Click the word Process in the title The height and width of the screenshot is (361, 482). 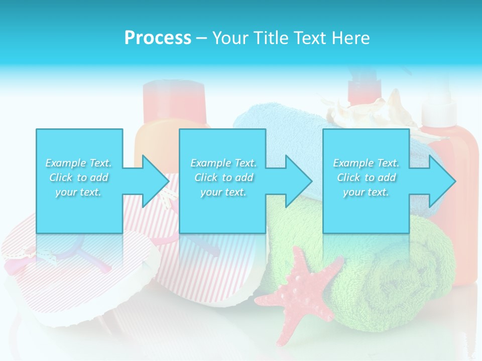pyautogui.click(x=158, y=38)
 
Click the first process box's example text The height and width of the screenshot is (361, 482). pyautogui.click(x=79, y=177)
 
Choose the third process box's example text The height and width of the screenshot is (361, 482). pyautogui.click(x=366, y=177)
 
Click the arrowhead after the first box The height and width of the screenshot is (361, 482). pyautogui.click(x=153, y=181)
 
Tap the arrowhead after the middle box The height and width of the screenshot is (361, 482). pyautogui.click(x=297, y=181)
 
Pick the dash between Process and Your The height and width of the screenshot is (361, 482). pyautogui.click(x=202, y=39)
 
